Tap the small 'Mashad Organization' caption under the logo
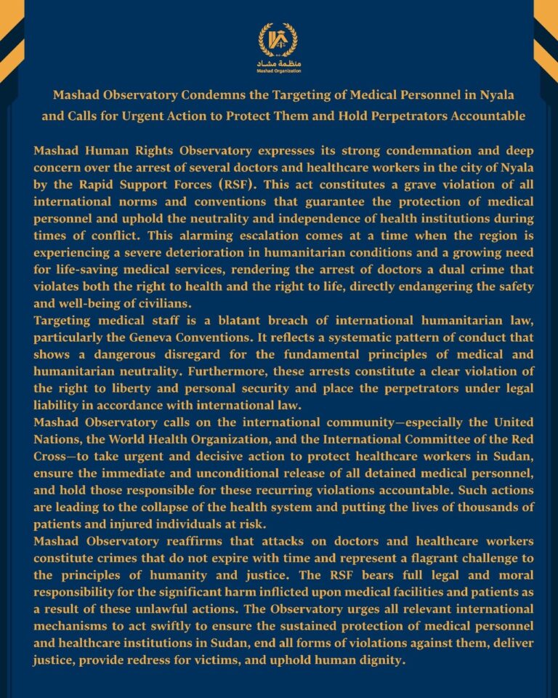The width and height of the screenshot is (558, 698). (279, 71)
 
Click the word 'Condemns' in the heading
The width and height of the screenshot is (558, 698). (219, 96)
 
